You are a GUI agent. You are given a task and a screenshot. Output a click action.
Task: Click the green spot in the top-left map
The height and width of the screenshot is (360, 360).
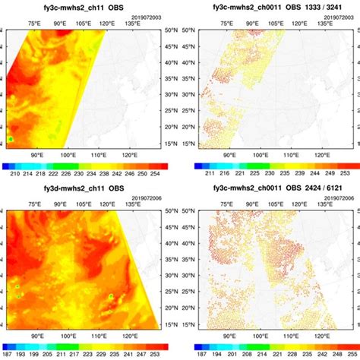tap(11, 139)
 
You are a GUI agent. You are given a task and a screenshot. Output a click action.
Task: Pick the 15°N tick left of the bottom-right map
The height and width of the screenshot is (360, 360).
tap(186, 322)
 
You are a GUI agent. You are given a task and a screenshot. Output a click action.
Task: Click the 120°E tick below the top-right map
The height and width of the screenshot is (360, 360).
tap(313, 154)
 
